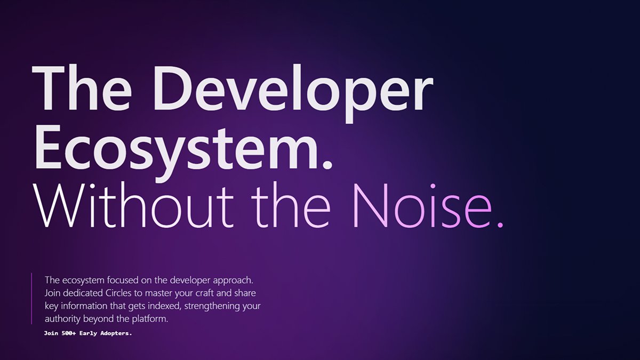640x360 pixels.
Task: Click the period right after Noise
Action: [x=499, y=224]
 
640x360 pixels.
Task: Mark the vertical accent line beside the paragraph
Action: [x=32, y=298]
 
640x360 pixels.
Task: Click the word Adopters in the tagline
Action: [x=116, y=333]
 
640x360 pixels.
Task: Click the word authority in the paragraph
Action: [x=61, y=319]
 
